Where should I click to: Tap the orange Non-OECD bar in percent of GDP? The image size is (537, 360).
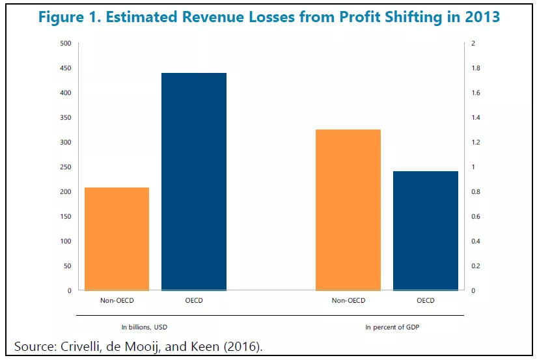pos(348,210)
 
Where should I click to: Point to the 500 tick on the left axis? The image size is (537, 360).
pos(66,44)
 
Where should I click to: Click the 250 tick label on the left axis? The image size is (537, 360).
pos(66,167)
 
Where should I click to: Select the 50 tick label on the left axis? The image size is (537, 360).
pos(67,266)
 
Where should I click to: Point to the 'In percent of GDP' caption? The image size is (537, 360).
pos(391,327)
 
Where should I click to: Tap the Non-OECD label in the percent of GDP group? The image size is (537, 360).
pos(348,301)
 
